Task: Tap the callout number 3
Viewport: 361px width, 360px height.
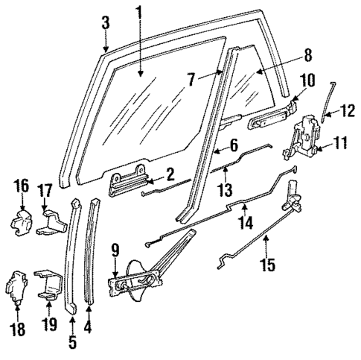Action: [106, 23]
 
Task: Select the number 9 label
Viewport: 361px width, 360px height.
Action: [115, 250]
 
